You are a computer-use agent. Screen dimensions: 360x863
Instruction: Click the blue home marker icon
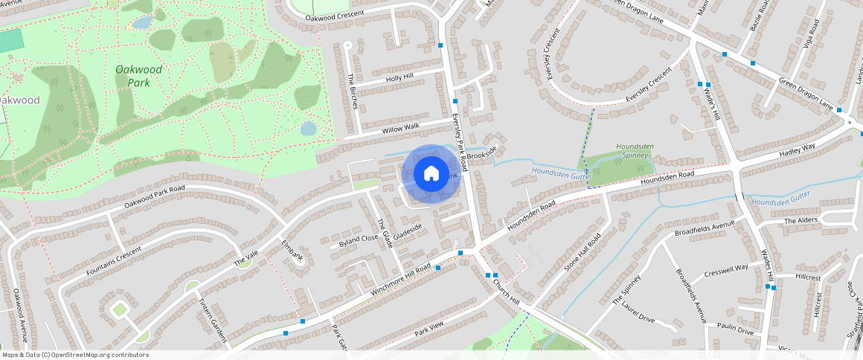coord(431,174)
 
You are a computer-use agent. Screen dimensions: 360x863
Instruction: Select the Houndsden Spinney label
coord(635,151)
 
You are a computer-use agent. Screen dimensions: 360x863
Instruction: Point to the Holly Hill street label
coord(399,77)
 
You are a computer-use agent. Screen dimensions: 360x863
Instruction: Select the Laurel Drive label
coord(638,313)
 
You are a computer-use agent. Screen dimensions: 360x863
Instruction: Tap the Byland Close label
coord(359,240)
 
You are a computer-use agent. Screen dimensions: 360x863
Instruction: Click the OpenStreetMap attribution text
coord(75,355)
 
